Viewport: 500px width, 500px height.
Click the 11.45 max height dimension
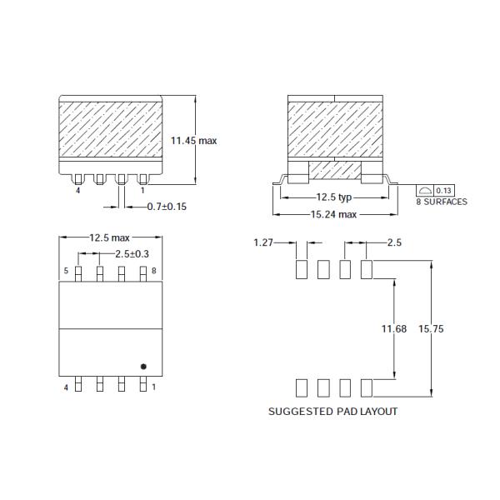point(193,141)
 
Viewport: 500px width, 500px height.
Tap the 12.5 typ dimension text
point(333,198)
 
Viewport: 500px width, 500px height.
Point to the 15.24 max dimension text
point(333,214)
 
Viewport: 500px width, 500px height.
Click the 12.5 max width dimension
point(110,238)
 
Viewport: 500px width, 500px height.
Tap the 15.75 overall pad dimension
point(432,330)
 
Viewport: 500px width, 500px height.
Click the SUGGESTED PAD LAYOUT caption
point(332,412)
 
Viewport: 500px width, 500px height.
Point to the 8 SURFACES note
point(442,202)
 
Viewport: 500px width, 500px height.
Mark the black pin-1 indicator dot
point(143,365)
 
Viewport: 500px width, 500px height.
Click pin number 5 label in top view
point(66,272)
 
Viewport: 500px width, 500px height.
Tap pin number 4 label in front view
point(77,191)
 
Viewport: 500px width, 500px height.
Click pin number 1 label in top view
point(154,387)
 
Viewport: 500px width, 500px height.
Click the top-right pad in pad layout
point(366,268)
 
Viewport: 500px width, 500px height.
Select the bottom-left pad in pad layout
point(302,387)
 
